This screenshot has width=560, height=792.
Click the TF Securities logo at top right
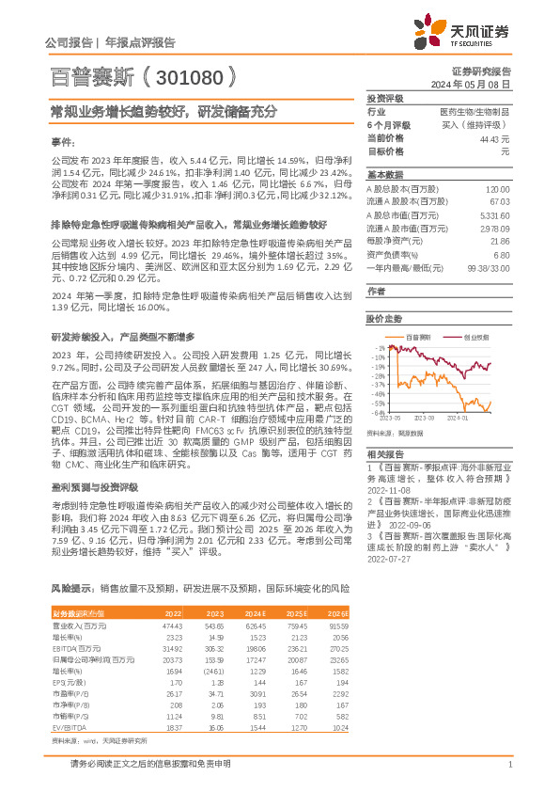[x=459, y=32]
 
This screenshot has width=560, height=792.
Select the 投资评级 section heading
[x=384, y=98]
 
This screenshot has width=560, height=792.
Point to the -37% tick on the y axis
[x=379, y=385]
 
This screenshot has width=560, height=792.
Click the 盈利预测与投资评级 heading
[x=93, y=487]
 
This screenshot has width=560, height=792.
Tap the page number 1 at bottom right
[x=508, y=764]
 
